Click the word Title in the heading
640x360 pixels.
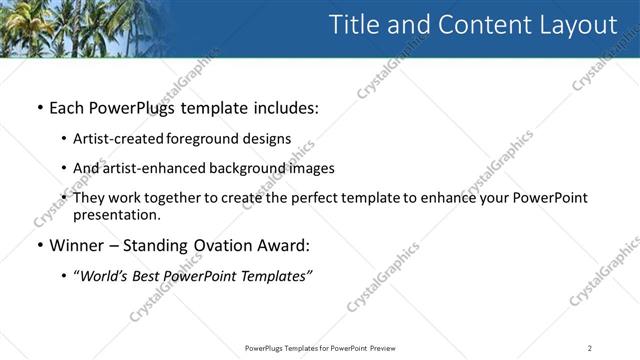coord(356,26)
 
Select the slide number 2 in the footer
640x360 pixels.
coord(590,348)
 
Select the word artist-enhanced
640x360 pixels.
coord(148,168)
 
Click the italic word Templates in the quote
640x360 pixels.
coord(276,276)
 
